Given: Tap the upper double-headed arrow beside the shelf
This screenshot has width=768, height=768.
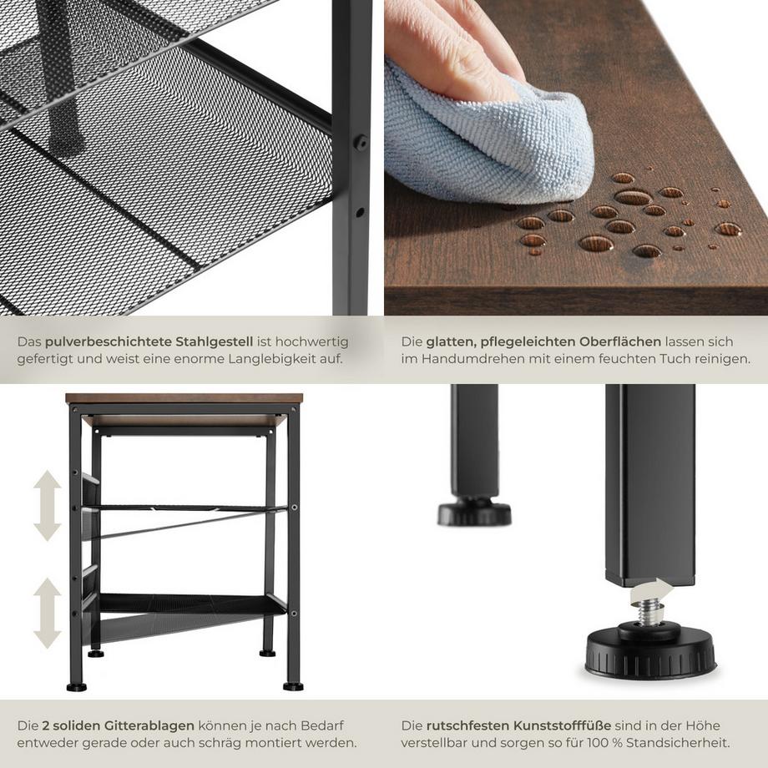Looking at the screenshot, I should click(x=48, y=505).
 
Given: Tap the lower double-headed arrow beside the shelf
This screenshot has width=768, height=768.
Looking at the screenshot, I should click(x=48, y=614).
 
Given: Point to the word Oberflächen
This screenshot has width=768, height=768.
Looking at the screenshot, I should click(x=614, y=341).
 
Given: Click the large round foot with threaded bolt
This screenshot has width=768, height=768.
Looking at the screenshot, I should click(x=650, y=651).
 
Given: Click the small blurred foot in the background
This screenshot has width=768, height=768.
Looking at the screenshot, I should click(x=474, y=512).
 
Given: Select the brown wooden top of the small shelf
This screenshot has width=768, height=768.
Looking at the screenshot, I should click(x=183, y=398).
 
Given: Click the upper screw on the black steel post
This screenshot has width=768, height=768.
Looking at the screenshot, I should click(x=361, y=143).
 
